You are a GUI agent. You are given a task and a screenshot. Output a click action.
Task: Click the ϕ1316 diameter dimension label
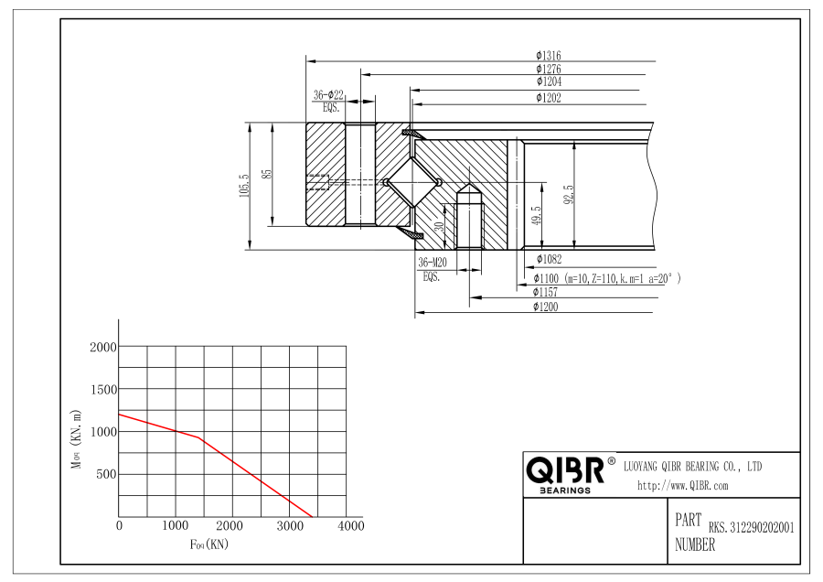tap(549, 55)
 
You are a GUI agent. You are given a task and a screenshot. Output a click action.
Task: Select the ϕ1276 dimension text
tap(549, 69)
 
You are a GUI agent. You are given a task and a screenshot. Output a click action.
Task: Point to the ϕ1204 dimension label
tap(549, 81)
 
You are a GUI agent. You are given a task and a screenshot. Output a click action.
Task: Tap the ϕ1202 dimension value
tap(549, 98)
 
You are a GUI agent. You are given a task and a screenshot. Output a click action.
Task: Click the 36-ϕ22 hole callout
tap(328, 95)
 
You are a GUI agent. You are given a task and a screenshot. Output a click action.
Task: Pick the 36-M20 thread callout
tap(433, 263)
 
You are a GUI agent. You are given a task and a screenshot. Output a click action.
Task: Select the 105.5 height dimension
tap(244, 186)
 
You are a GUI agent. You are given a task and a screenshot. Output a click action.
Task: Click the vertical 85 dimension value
tap(267, 173)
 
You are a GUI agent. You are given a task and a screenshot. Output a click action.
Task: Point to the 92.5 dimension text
tap(569, 194)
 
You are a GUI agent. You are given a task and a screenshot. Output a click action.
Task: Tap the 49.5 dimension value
tap(536, 216)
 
